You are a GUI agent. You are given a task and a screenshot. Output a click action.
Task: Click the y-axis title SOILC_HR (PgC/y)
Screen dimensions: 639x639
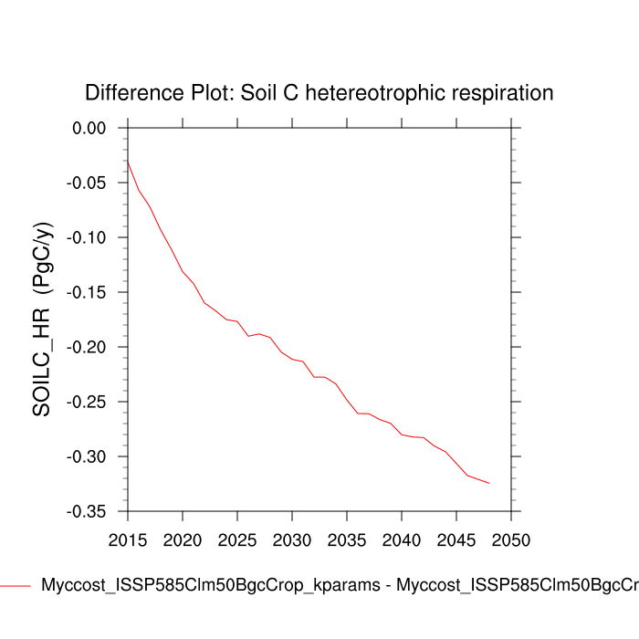click(42, 319)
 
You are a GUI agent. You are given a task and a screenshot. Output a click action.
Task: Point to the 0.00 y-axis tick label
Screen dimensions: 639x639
click(89, 128)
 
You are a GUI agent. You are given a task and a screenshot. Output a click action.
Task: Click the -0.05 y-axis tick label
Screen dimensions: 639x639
click(87, 183)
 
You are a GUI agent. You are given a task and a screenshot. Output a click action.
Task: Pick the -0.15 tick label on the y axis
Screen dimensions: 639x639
click(87, 292)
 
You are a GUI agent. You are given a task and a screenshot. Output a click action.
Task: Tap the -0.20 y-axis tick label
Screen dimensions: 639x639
click(87, 347)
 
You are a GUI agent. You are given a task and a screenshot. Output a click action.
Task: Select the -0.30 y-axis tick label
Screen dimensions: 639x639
click(87, 456)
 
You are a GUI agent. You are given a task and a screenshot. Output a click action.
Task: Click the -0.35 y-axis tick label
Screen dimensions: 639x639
click(87, 511)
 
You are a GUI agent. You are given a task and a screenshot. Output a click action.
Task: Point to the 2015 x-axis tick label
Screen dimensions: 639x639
click(128, 539)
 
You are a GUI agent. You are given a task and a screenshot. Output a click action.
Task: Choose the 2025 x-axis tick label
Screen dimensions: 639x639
click(237, 539)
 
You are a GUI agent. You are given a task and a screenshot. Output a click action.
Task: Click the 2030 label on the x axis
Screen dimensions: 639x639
click(292, 539)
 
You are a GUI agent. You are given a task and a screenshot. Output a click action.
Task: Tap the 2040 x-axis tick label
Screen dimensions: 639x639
click(402, 539)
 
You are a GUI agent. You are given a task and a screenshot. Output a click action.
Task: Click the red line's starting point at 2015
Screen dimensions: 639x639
click(128, 162)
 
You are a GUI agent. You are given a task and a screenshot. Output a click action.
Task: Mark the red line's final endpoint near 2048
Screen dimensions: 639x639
click(489, 483)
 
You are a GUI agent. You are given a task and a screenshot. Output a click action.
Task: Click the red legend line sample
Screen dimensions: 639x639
click(16, 586)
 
